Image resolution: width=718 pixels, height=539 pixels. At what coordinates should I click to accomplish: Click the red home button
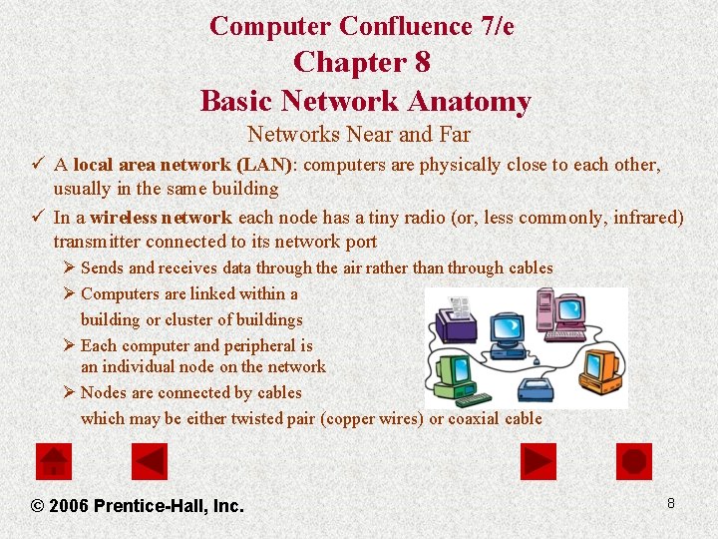coord(54,461)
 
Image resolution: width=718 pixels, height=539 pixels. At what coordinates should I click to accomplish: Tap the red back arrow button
coord(150,461)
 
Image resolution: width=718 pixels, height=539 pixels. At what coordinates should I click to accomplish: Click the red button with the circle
coord(633,461)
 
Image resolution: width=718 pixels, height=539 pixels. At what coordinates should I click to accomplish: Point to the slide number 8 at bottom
coord(671,503)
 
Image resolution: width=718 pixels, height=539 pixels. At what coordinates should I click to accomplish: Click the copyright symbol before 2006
coord(38,506)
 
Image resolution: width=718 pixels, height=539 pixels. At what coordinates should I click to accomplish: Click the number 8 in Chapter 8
coord(422,62)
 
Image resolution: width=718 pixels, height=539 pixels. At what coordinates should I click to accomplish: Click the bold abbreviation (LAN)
coord(264,165)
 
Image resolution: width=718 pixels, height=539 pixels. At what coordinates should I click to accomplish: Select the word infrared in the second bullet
coord(649,217)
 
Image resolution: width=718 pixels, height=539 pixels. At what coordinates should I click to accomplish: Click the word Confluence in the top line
coord(405,26)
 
